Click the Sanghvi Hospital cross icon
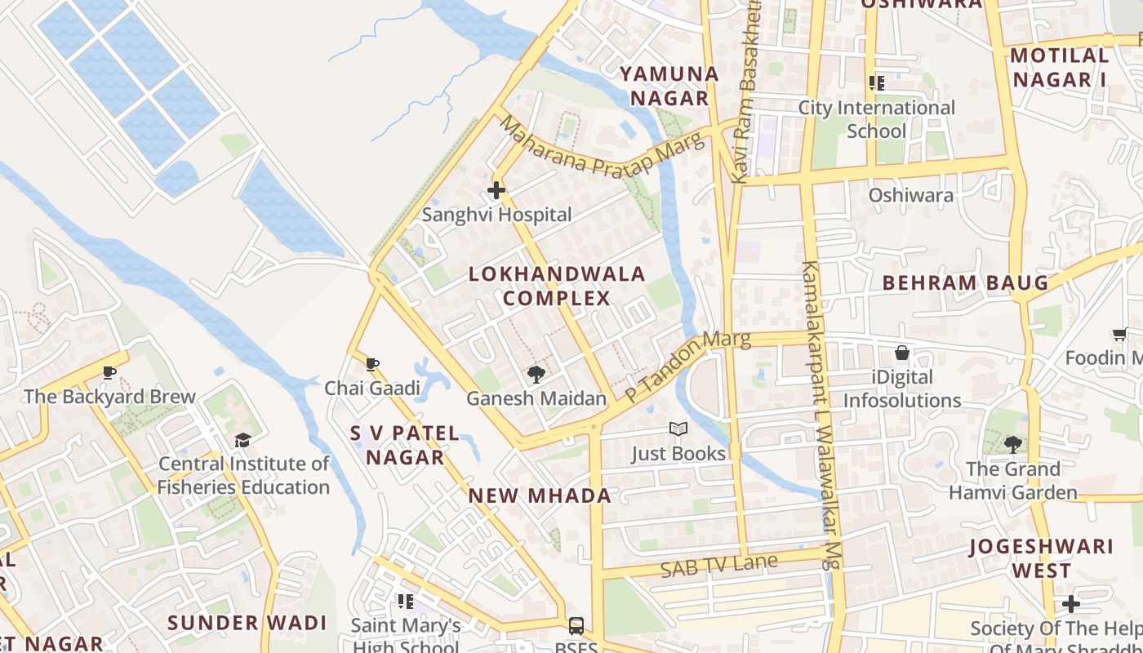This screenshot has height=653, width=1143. coord(496,191)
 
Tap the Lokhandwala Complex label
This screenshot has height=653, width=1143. coord(557,286)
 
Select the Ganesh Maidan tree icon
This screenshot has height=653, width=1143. coord(536,375)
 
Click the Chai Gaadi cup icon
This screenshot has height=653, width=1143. coord(372,364)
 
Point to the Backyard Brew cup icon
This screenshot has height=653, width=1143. coord(109,373)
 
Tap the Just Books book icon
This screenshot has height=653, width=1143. coord(678,429)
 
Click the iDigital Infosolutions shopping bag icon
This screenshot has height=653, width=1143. coord(902,353)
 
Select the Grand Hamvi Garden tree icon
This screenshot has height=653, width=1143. coord(1012,445)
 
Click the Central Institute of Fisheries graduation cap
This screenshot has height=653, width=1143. coord(242,441)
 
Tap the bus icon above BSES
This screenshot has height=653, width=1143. coord(576,626)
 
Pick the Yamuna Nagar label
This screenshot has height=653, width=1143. coord(669,86)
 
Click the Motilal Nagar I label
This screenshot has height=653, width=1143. coord(1060,68)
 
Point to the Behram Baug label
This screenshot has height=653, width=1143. coord(965,283)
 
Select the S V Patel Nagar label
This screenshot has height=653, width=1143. coord(405,445)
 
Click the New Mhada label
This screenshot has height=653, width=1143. coord(540,495)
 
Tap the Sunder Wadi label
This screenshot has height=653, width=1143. coord(247,623)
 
